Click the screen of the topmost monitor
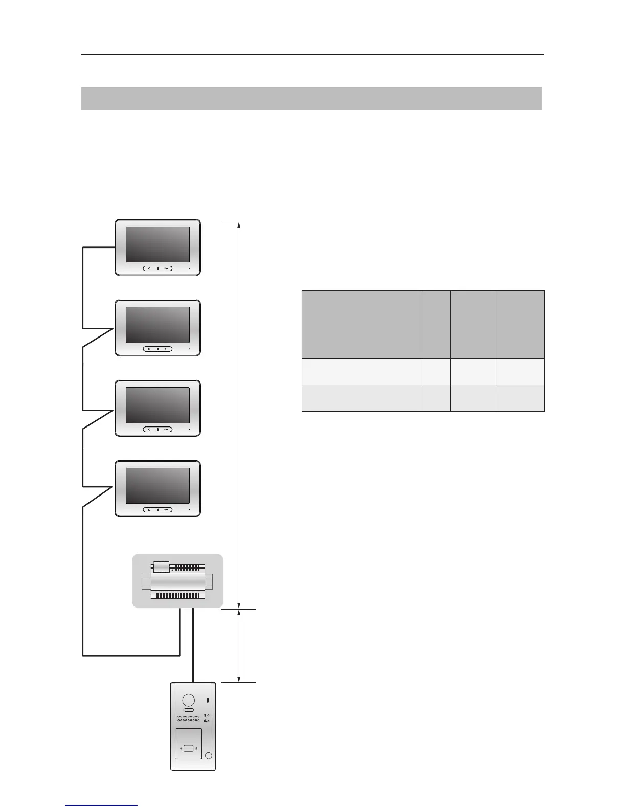(158, 244)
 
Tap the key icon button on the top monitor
(167, 268)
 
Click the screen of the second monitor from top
(158, 325)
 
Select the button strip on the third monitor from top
(158, 430)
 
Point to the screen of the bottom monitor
(158, 486)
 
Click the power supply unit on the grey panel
(177, 581)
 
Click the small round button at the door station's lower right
(208, 756)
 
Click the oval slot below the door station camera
(188, 710)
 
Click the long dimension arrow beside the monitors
(239, 414)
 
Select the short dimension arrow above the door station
(239, 645)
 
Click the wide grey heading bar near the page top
(311, 99)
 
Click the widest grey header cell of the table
(362, 325)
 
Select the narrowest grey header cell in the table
(436, 325)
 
